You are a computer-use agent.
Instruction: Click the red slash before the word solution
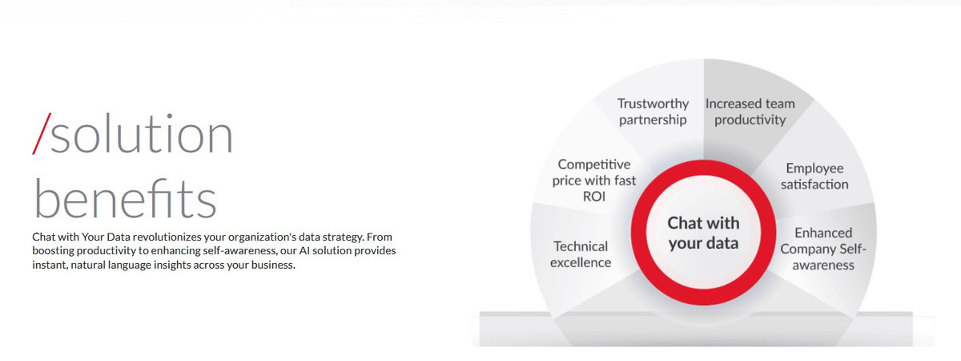42,134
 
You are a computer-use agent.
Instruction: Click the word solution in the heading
142,134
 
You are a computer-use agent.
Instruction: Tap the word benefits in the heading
125,198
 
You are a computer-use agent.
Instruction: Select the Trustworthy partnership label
653,112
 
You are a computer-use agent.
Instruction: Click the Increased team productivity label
750,112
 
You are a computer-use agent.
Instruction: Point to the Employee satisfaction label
814,176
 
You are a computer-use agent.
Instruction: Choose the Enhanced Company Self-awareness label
823,249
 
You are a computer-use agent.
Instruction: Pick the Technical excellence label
581,254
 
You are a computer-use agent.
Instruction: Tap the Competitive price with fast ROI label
594,180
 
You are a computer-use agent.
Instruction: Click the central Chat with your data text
704,233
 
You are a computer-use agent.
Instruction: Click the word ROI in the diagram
594,197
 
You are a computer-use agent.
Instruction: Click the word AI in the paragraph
304,250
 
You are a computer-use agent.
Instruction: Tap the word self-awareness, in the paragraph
239,250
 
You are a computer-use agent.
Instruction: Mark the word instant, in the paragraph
50,265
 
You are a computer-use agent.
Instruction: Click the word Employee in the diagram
814,168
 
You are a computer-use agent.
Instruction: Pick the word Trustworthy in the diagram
653,104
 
